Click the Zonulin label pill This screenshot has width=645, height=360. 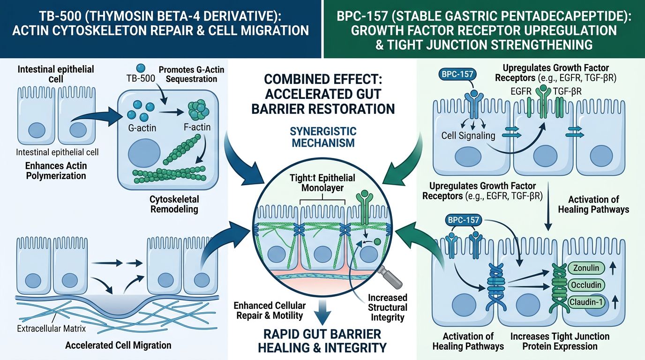point(587,269)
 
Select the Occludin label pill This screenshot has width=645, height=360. point(587,285)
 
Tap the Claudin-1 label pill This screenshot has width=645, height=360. point(587,302)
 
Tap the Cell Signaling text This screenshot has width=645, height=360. point(468,135)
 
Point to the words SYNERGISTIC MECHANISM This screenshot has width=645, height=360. point(322,137)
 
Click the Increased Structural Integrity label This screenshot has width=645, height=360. point(387,308)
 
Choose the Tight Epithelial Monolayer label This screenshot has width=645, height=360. point(322,183)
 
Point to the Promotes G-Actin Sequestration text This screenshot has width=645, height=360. point(191,74)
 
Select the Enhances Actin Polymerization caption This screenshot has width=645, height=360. point(56,171)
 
